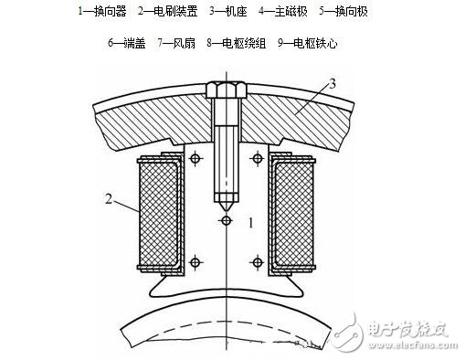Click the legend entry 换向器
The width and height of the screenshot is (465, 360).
(x=102, y=13)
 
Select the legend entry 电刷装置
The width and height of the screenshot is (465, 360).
(x=166, y=13)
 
